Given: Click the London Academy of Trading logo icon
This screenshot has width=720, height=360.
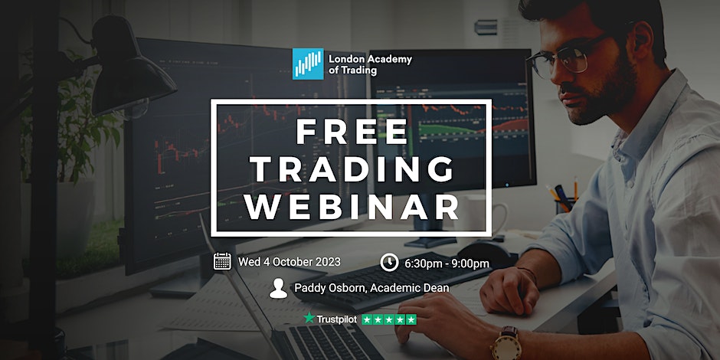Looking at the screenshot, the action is coord(308,64).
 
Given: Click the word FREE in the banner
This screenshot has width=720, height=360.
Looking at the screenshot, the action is coord(352,132).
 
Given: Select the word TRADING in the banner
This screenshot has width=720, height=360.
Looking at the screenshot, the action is coord(352,169).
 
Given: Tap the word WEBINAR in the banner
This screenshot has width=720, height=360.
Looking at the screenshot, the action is coord(352,206).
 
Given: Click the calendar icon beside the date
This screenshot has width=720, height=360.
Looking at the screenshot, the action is coord(222,261).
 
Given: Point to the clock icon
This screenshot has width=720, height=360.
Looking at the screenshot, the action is coord(389,262).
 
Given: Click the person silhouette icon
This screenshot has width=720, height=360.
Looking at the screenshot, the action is coord(278,288).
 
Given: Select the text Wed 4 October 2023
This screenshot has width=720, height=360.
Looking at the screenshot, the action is coord(290,262).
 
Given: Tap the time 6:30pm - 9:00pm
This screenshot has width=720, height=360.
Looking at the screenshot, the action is coord(447,263).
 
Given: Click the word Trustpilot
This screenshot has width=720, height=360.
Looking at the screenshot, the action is coord(336,319).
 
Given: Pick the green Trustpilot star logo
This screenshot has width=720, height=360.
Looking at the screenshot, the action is coord(309,318).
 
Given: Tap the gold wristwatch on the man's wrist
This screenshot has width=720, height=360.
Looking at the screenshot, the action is coord(506,343).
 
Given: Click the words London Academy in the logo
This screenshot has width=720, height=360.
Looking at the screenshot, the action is coord(370,59).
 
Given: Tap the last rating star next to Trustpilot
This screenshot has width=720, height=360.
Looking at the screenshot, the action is coord(411,319).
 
